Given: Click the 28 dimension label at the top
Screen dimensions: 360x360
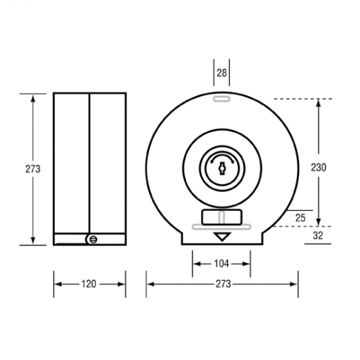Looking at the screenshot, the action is [222, 73].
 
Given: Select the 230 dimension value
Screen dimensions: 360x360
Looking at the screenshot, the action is [318, 168].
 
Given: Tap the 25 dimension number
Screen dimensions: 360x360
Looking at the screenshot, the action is [300, 217].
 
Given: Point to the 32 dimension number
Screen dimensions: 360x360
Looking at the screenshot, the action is [318, 235].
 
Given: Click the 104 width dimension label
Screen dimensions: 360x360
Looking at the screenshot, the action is [221, 264].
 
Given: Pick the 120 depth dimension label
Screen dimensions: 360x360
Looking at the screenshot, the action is [89, 284].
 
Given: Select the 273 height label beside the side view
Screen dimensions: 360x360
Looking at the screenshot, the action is [33, 169].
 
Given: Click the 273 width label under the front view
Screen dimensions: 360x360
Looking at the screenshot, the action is [223, 284].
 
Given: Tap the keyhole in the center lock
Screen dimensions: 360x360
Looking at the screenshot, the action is [222, 169].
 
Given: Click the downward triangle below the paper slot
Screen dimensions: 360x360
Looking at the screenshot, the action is [222, 237].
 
